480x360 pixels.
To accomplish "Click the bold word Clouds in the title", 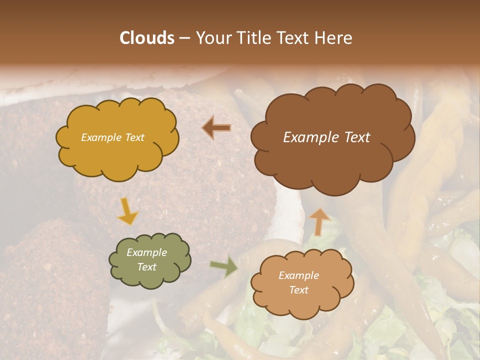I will tap(147, 38).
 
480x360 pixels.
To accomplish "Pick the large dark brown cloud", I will tap(332, 137).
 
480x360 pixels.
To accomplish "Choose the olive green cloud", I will tap(149, 260).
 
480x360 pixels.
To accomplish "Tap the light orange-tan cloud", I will tap(301, 283).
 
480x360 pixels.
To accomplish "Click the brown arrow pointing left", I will tap(216, 128).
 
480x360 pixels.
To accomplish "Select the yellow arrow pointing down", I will tap(127, 210).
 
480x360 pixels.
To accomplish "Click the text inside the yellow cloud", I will tap(112, 137).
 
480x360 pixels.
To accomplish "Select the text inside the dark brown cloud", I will tap(326, 137).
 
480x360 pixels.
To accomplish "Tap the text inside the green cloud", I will tap(147, 260).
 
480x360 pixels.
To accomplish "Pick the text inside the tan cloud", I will tap(298, 283).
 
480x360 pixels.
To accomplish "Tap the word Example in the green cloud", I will tap(147, 253).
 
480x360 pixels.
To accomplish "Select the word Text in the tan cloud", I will tap(298, 290).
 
